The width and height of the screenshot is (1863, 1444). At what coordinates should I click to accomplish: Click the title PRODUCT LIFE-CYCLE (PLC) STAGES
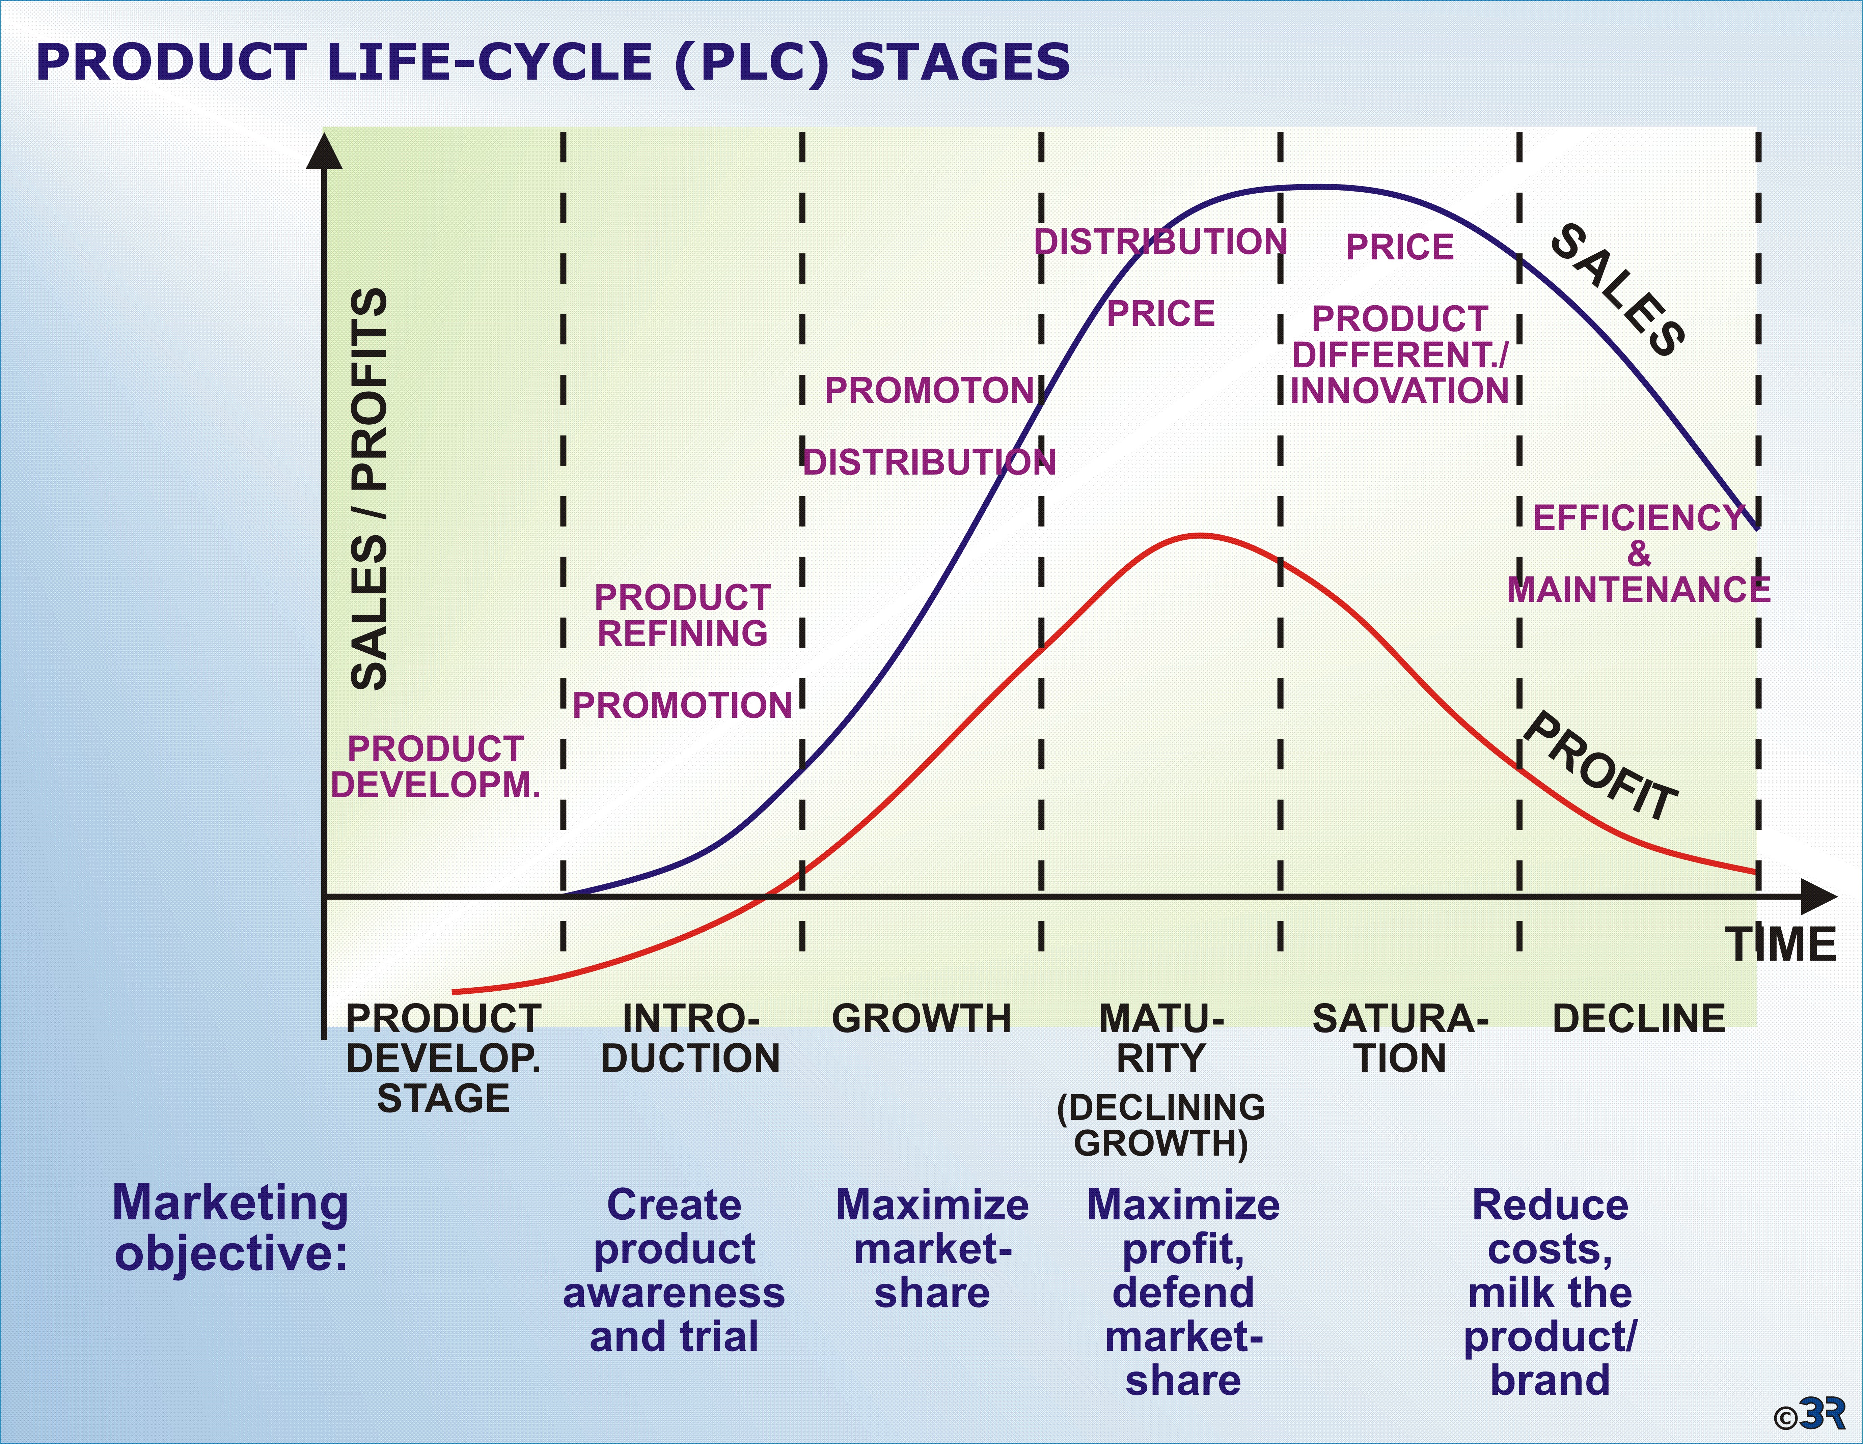coord(553,62)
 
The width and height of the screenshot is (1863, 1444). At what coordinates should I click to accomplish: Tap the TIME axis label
coord(1781,944)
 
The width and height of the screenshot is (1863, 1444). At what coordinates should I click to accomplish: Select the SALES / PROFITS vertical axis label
coord(369,489)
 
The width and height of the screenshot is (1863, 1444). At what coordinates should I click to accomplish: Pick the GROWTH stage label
coord(921,1018)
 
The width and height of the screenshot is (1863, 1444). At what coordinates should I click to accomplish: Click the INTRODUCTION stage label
coord(690,1038)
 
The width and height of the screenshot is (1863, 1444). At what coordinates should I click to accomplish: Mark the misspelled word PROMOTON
coord(929,391)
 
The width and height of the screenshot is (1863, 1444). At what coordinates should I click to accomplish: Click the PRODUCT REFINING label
coord(682,615)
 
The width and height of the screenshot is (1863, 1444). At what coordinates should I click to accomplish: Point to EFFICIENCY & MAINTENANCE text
coord(1638,554)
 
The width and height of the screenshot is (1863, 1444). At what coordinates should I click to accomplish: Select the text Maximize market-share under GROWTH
coord(932,1249)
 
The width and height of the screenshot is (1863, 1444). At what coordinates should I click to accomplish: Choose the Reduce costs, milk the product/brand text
coord(1550,1292)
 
